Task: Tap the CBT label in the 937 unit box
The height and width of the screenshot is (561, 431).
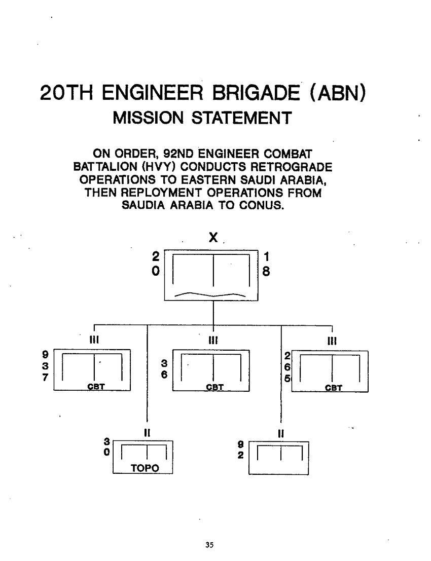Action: pos(95,388)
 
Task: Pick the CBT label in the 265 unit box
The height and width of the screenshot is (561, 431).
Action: pos(333,389)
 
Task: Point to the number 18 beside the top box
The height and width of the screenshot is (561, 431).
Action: pos(266,265)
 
